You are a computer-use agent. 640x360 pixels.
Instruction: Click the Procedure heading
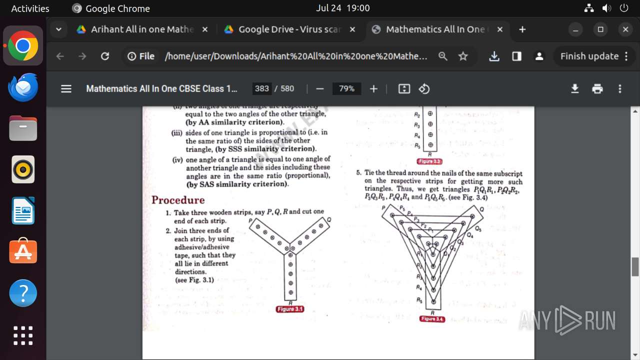pyautogui.click(x=178, y=200)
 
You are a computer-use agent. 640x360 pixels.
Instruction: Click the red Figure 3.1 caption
pyautogui.click(x=290, y=309)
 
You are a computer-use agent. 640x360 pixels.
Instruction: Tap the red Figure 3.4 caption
pyautogui.click(x=432, y=319)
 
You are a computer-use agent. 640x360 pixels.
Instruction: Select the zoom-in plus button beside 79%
pyautogui.click(x=373, y=88)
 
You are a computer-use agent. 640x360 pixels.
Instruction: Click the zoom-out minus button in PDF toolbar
pyautogui.click(x=320, y=88)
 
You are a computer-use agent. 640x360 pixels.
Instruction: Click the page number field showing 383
pyautogui.click(x=262, y=88)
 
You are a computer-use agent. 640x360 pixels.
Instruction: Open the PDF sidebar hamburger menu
pyautogui.click(x=66, y=88)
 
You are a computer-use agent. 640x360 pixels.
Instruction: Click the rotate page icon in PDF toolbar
pyautogui.click(x=424, y=88)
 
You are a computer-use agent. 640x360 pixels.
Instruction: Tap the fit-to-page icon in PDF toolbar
pyautogui.click(x=404, y=88)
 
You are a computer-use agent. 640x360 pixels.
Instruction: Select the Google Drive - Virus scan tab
pyautogui.click(x=289, y=29)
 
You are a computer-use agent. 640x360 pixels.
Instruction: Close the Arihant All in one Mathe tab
pyautogui.click(x=204, y=29)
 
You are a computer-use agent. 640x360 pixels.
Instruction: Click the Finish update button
pyautogui.click(x=594, y=56)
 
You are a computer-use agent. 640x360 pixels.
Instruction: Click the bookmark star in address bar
pyautogui.click(x=463, y=56)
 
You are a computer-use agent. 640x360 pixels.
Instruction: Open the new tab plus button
pyautogui.click(x=522, y=29)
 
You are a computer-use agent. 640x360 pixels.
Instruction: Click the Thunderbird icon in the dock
pyautogui.click(x=23, y=87)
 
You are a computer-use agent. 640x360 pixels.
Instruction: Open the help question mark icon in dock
pyautogui.click(x=23, y=293)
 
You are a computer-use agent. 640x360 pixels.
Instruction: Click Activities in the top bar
pyautogui.click(x=30, y=8)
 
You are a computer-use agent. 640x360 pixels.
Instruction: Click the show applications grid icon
pyautogui.click(x=23, y=335)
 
